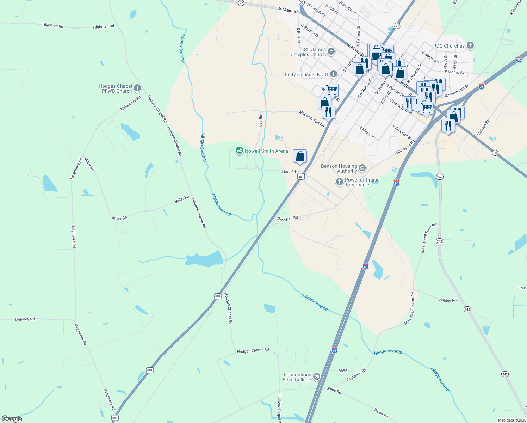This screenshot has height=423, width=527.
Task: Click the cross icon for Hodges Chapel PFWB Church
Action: [x=137, y=88]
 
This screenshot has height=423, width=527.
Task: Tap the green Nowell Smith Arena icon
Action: [x=240, y=151]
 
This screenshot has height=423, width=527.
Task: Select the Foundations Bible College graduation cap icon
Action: [x=316, y=377]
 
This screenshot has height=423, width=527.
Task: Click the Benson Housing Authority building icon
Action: [x=362, y=168]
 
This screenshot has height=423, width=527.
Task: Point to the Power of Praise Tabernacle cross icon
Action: [x=339, y=182]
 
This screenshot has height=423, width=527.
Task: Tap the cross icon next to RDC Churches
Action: [x=470, y=45]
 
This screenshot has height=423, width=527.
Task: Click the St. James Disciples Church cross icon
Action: [x=331, y=51]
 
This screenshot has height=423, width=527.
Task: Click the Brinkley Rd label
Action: [x=25, y=319]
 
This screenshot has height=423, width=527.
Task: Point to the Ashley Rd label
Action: [x=448, y=300]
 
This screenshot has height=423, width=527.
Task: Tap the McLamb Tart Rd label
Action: [x=312, y=118]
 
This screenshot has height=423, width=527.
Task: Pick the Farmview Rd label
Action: [x=356, y=375]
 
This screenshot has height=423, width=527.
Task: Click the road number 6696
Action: [x=343, y=371]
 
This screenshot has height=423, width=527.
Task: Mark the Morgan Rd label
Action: [x=483, y=128]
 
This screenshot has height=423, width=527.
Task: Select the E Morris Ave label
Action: [x=455, y=72]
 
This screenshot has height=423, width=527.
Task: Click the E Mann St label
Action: [x=367, y=132]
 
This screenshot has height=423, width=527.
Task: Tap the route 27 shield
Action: [x=241, y=2]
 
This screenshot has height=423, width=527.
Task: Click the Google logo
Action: [x=12, y=418]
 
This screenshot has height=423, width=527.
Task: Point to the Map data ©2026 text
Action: [x=512, y=420]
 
